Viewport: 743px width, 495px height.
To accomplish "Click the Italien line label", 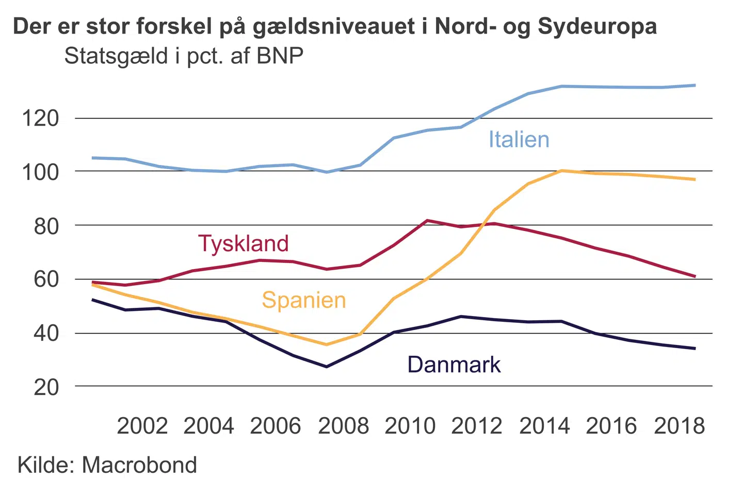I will click(x=519, y=140).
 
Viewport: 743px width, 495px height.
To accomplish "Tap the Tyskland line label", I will click(x=244, y=243).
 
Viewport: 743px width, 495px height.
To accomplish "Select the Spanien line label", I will click(x=303, y=300).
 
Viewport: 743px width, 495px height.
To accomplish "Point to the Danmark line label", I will click(x=454, y=365).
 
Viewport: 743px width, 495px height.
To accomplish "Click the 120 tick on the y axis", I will click(x=40, y=119).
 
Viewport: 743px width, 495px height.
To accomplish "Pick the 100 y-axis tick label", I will click(x=40, y=172).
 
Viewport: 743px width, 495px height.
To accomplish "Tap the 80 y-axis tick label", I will click(x=46, y=226).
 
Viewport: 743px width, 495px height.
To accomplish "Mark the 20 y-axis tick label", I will click(x=46, y=387).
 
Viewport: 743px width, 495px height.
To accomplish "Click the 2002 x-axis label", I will click(x=142, y=426).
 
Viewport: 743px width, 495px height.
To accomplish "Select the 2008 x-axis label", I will click(x=344, y=426).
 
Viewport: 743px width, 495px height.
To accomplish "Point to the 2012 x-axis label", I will click(x=477, y=426).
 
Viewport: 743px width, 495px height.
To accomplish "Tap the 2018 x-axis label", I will click(x=679, y=426).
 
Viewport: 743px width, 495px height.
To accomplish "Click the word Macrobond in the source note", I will click(x=139, y=465).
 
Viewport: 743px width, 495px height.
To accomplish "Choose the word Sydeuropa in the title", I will click(x=597, y=27).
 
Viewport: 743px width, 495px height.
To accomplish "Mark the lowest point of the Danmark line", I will click(x=326, y=367).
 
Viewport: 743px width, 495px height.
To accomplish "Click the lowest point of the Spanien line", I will click(x=326, y=344).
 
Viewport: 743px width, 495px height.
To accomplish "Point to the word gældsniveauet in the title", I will click(x=334, y=27).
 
